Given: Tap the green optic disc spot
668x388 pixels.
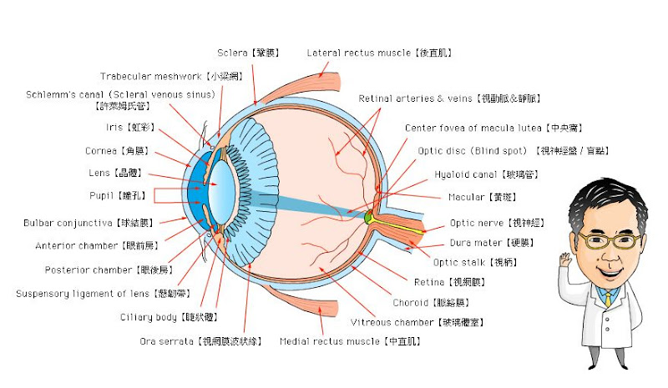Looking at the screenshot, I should click(x=368, y=218).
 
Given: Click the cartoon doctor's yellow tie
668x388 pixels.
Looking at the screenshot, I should click(x=608, y=297).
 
